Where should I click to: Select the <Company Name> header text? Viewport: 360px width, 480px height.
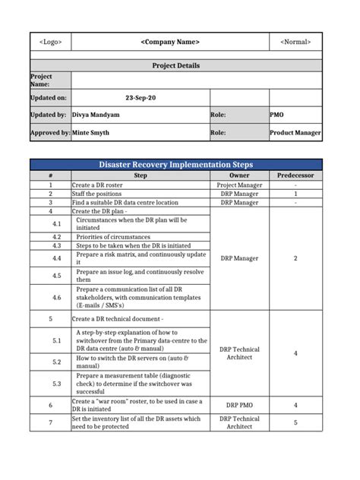point(170,42)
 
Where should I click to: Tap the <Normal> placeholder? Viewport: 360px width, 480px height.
point(295,42)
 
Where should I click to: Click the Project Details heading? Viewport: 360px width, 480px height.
point(176,65)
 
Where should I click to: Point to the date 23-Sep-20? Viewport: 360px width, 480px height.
point(140,98)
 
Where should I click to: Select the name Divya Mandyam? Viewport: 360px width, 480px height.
point(96,115)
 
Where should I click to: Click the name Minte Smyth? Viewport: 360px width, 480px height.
point(92,132)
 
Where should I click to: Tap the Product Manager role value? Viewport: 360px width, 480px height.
point(295,132)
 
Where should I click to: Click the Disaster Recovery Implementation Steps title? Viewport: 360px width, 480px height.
point(176,164)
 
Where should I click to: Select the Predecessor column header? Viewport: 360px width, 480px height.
point(295,175)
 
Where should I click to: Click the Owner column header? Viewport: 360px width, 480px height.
point(239,175)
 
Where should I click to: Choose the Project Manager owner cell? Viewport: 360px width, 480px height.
point(239,185)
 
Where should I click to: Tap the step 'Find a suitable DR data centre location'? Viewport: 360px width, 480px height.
point(125,203)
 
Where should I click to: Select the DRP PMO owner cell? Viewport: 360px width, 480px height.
point(239,405)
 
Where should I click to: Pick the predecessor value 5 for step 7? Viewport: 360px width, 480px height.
point(295,422)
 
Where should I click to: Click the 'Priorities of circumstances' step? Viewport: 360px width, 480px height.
point(113,237)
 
